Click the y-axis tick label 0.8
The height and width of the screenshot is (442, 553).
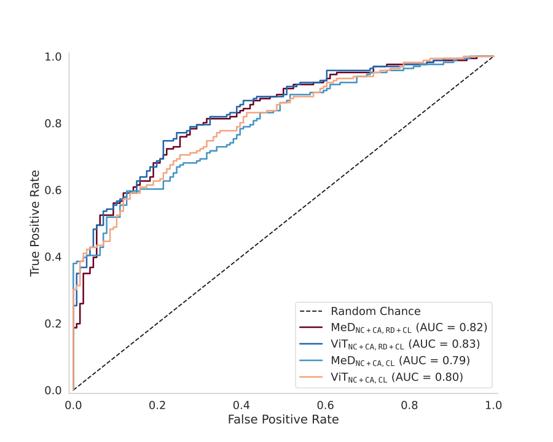[52, 123]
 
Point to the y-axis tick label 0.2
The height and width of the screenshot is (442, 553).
[52, 324]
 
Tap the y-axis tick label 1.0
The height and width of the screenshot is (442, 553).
[52, 56]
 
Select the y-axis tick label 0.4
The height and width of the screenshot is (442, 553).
[52, 257]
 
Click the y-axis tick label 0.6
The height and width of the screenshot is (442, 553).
[52, 190]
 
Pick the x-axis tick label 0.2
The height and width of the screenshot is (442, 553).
[157, 405]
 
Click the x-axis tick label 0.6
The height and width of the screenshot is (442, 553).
[326, 405]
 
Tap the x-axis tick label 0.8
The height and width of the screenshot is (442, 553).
[410, 405]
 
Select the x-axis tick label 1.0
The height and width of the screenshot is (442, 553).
[493, 405]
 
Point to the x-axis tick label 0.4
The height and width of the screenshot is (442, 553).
[241, 405]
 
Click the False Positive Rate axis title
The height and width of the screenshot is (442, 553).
[283, 420]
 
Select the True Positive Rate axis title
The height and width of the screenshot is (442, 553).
[35, 223]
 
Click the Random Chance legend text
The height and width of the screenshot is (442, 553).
[375, 311]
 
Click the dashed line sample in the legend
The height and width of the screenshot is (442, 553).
[310, 311]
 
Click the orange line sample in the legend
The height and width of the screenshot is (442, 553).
[310, 376]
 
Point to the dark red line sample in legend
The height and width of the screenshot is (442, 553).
[310, 327]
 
